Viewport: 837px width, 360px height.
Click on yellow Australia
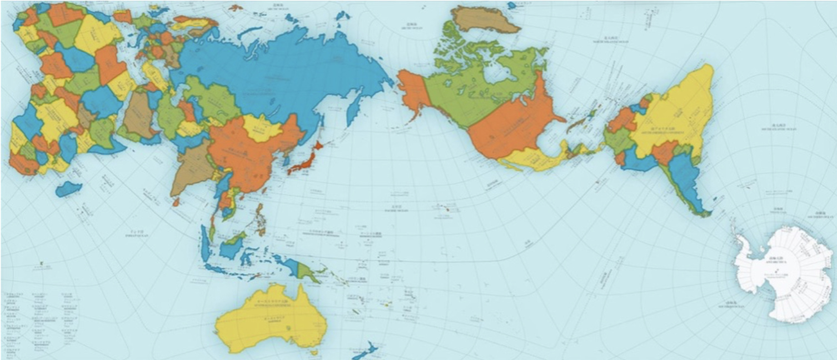(x=267, y=322)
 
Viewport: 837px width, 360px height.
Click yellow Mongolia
(x=263, y=128)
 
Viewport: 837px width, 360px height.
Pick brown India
(x=192, y=167)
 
